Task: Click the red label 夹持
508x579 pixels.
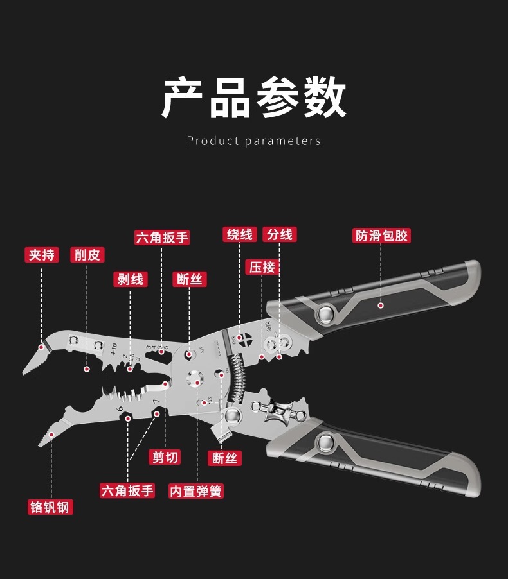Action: click(42, 255)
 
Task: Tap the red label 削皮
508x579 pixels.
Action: click(87, 255)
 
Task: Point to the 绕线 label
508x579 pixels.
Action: click(240, 234)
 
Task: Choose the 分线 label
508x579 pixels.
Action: click(280, 234)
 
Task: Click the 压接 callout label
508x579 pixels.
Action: click(262, 267)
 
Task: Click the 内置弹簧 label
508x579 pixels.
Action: click(196, 491)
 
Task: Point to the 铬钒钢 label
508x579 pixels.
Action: click(51, 507)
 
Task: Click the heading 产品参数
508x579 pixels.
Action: click(253, 98)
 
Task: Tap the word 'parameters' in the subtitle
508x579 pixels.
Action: click(282, 141)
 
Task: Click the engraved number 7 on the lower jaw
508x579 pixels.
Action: click(154, 401)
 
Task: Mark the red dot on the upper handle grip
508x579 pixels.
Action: click(381, 306)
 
